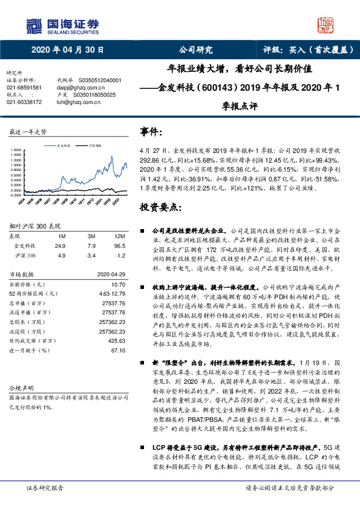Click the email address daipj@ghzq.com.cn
(x=78, y=87)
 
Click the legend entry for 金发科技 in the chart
(x=63, y=146)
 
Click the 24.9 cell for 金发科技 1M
(x=60, y=246)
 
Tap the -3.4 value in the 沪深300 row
(x=91, y=256)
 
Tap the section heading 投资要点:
(x=159, y=207)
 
